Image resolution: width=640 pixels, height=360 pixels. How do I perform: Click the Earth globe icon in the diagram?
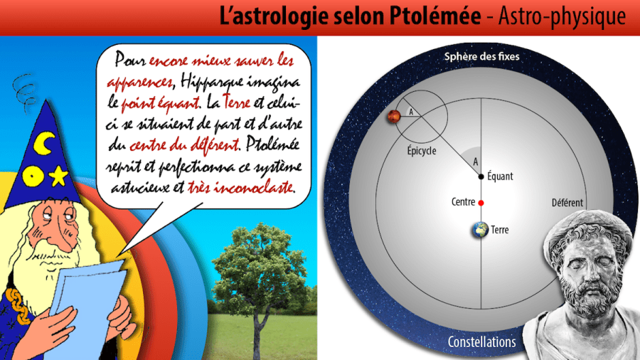[x=481, y=230]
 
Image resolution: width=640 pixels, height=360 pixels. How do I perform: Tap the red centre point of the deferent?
[x=481, y=203]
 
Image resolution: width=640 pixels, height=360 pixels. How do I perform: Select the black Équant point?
[x=481, y=176]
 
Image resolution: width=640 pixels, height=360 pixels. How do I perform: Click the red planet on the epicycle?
[x=393, y=117]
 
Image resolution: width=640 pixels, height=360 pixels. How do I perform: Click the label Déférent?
[x=567, y=203]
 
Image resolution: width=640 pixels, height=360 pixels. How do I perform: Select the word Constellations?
[x=481, y=342]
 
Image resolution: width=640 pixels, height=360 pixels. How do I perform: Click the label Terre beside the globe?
[x=500, y=231]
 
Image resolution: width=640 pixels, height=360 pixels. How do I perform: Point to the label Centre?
[x=463, y=203]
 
